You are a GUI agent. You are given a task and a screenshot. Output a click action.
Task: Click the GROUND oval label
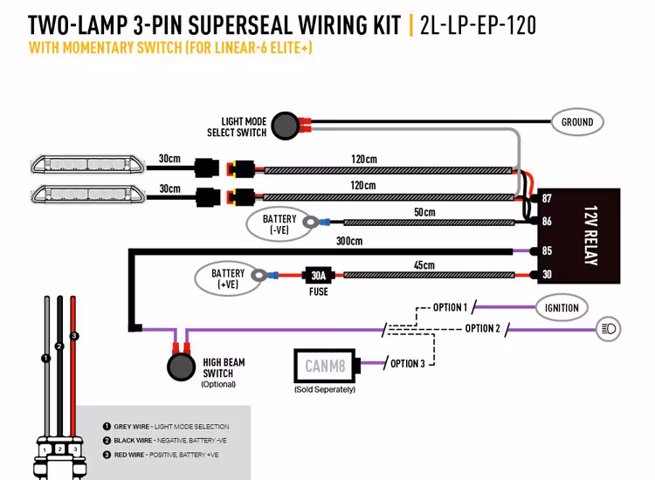click(x=576, y=123)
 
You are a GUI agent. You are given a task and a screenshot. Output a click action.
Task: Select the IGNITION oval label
click(x=562, y=307)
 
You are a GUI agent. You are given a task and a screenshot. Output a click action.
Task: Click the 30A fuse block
click(x=318, y=276)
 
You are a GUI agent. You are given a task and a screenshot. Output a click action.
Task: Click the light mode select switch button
click(x=285, y=126)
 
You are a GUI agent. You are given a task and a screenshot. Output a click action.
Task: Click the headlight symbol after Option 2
click(x=608, y=329)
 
